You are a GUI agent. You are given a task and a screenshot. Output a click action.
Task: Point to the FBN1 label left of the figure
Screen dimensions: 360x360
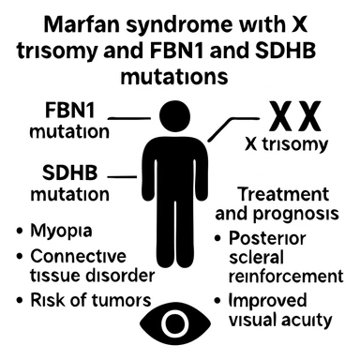pos(57,112)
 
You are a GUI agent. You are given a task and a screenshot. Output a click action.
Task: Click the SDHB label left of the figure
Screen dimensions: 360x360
pos(57,173)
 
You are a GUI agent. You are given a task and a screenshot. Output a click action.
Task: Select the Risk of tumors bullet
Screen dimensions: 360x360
pos(83,300)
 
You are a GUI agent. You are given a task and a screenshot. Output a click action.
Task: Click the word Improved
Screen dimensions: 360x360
pos(272,301)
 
